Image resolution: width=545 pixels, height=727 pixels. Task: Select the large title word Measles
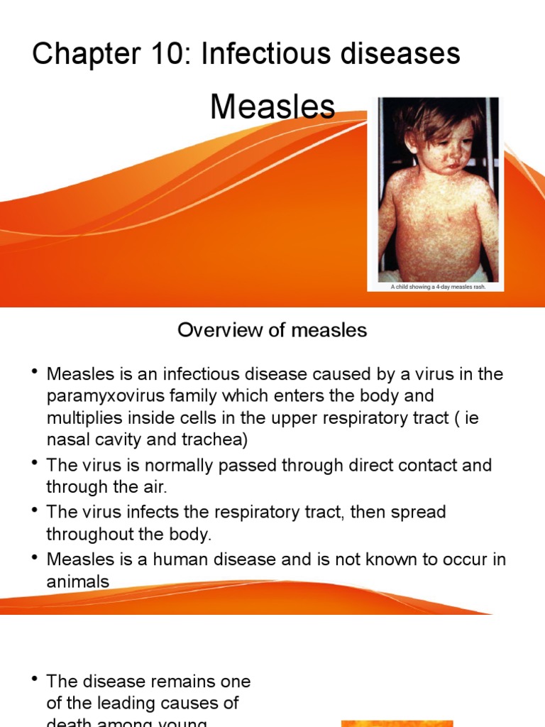(x=272, y=106)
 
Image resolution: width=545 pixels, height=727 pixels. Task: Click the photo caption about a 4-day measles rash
(x=438, y=287)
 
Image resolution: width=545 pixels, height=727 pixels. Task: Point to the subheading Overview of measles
(x=272, y=330)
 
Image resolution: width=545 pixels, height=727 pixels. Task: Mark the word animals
(x=78, y=581)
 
